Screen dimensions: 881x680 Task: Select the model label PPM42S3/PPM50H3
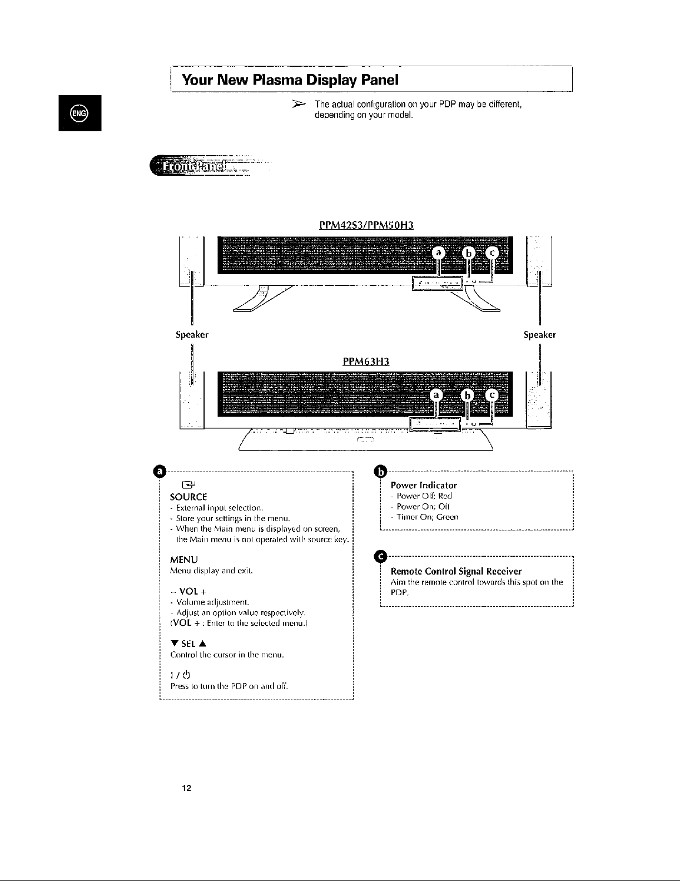367,225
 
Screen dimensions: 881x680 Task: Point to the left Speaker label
192,335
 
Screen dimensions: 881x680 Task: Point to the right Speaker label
540,335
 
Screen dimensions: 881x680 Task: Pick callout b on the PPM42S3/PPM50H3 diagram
468,254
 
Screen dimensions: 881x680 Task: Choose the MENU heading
183,559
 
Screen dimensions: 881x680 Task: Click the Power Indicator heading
424,485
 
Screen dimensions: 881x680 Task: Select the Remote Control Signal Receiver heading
456,571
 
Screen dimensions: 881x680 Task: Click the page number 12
187,788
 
